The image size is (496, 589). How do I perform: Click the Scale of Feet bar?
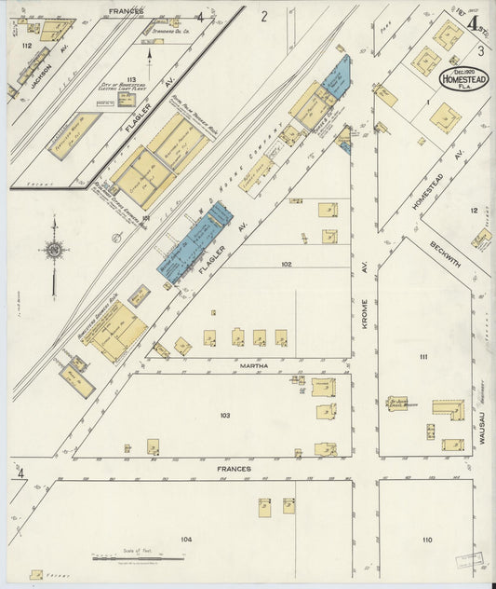(137, 557)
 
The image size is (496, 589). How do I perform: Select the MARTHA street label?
(254, 366)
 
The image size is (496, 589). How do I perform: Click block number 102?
(286, 264)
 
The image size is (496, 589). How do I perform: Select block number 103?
(224, 415)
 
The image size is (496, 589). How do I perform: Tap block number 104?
(186, 540)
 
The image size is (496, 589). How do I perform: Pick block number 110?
(426, 540)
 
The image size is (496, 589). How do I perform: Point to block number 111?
(422, 357)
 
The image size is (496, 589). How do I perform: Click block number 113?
(131, 79)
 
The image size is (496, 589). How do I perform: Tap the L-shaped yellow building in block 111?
(449, 409)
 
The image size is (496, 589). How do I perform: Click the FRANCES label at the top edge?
(126, 10)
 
